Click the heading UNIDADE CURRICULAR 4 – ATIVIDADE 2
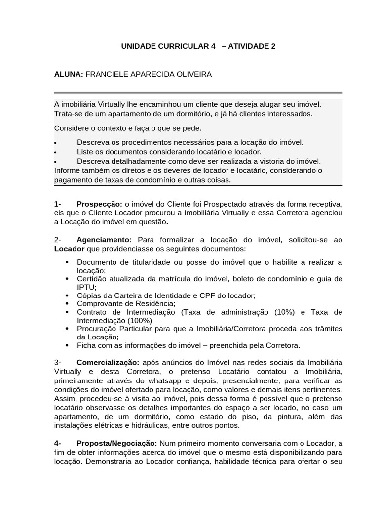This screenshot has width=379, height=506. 198,46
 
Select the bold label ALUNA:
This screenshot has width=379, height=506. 69,74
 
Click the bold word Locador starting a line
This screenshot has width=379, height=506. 69,248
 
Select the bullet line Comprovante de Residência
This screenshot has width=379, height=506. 126,303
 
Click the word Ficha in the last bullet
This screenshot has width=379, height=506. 86,345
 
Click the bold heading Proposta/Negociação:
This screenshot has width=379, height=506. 116,443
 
